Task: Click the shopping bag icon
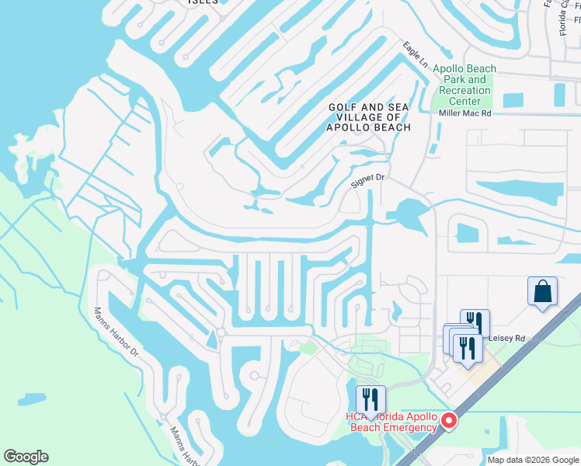tap(542, 292)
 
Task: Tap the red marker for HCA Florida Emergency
tap(448, 422)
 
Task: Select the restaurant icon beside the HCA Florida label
tap(371, 400)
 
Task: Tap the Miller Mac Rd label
tap(465, 113)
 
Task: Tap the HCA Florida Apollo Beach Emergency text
tap(391, 422)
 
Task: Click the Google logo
tap(26, 457)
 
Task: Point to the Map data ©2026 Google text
tap(531, 459)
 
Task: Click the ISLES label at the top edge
tap(204, 2)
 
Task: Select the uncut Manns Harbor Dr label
tap(116, 332)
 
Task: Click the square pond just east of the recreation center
tap(513, 100)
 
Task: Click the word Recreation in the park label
tap(465, 90)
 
